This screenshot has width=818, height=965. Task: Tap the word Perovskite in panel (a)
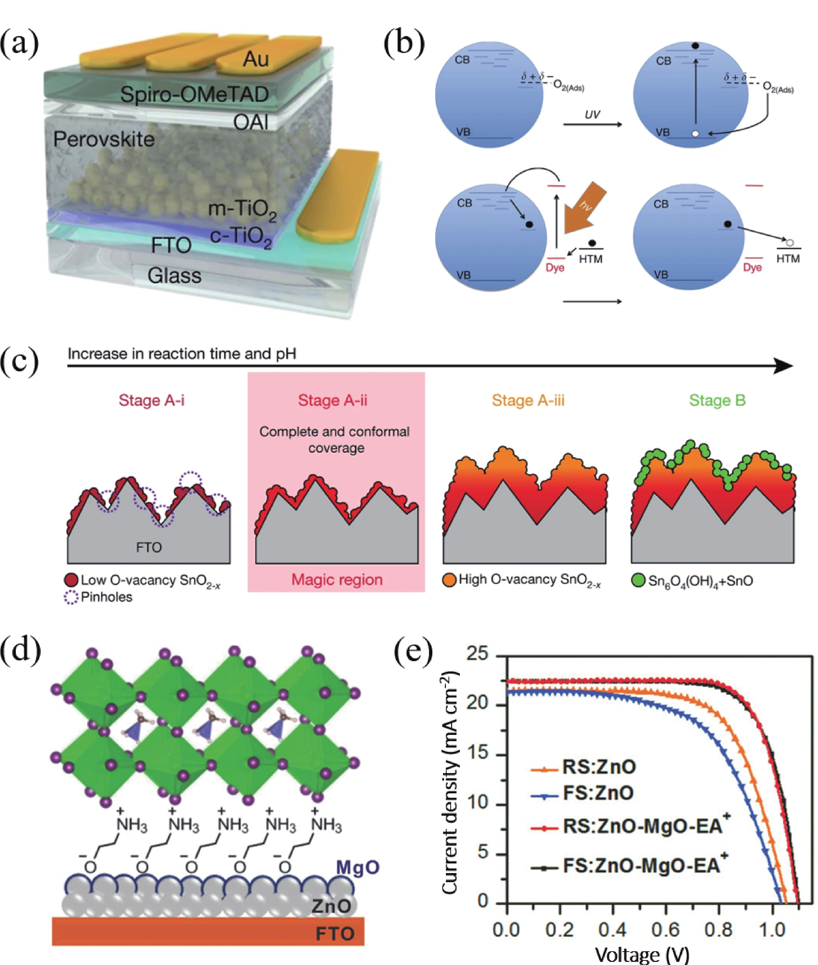104,139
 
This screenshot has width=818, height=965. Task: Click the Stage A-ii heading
332,400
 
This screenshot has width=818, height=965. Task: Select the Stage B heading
717,400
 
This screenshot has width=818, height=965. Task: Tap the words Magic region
337,580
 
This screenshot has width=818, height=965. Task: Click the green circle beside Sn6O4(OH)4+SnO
639,580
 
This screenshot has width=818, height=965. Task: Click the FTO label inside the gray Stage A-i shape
149,548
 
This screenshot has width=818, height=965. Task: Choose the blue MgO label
358,867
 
